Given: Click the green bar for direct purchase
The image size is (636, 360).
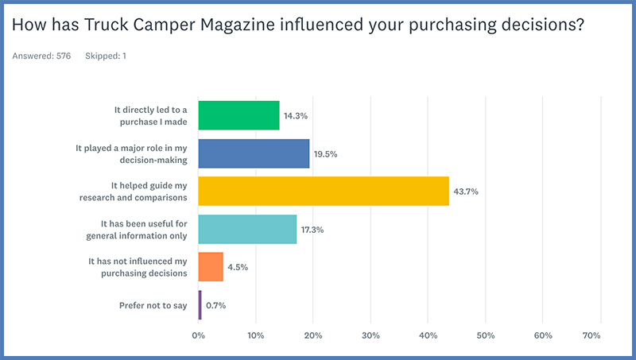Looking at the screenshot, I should tap(238, 115).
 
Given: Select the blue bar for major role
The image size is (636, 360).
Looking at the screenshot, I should tap(254, 153).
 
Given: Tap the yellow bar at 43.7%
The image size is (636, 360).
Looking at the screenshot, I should tap(323, 191).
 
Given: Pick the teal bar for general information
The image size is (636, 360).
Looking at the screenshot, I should tap(246, 229).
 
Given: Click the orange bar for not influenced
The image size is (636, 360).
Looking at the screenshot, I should tap(211, 266).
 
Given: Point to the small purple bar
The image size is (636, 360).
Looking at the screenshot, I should tap(200, 304).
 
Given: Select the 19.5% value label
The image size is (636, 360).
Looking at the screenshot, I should tap(326, 154).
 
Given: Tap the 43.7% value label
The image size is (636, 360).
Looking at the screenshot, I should tap(465, 192).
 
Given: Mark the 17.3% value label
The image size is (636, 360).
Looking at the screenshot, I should tap(312, 230).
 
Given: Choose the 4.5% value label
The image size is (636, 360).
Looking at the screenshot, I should tap(238, 267).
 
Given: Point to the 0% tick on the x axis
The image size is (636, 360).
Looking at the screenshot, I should tap(199, 336).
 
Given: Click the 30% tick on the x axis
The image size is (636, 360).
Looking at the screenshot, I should tap(370, 336).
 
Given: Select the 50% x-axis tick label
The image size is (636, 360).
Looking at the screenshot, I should tap(485, 336).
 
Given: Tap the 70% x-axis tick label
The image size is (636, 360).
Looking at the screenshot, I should tap(591, 336).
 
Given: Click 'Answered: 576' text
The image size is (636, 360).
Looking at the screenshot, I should tap(41, 56).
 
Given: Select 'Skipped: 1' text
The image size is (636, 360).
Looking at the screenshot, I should tap(106, 56).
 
